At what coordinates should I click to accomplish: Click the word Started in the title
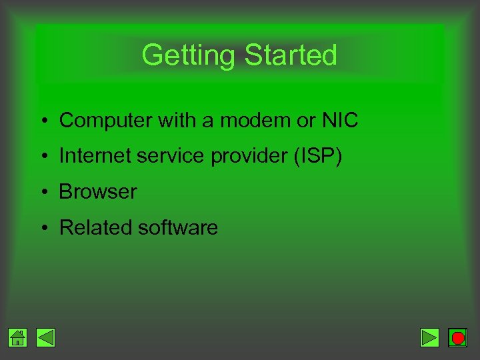point(291,55)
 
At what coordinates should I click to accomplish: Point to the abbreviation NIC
point(339,121)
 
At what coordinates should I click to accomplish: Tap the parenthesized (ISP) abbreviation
point(317,156)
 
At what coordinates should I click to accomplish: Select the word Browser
point(98,192)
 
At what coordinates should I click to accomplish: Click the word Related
point(96,228)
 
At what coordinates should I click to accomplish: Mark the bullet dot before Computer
point(42,121)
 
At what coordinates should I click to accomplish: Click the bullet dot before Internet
point(42,157)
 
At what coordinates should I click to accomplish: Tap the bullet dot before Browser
point(42,193)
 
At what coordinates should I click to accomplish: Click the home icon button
point(18,338)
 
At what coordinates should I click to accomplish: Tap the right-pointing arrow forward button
point(430,338)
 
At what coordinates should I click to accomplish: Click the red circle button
point(457,338)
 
